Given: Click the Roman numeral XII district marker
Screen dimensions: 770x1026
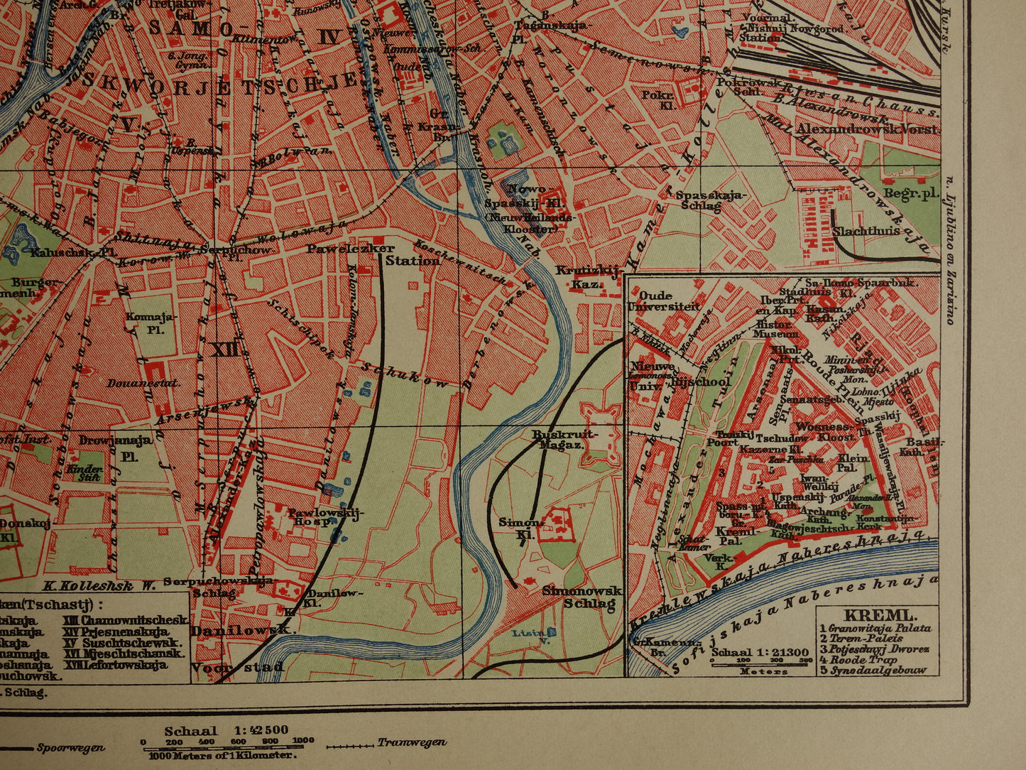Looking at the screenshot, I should coord(225,349).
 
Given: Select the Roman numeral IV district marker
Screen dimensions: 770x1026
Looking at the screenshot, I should coord(329,37).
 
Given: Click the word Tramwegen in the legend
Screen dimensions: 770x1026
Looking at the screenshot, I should coord(412,743).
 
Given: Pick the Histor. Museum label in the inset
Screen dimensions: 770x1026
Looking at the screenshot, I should coord(776,329).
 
